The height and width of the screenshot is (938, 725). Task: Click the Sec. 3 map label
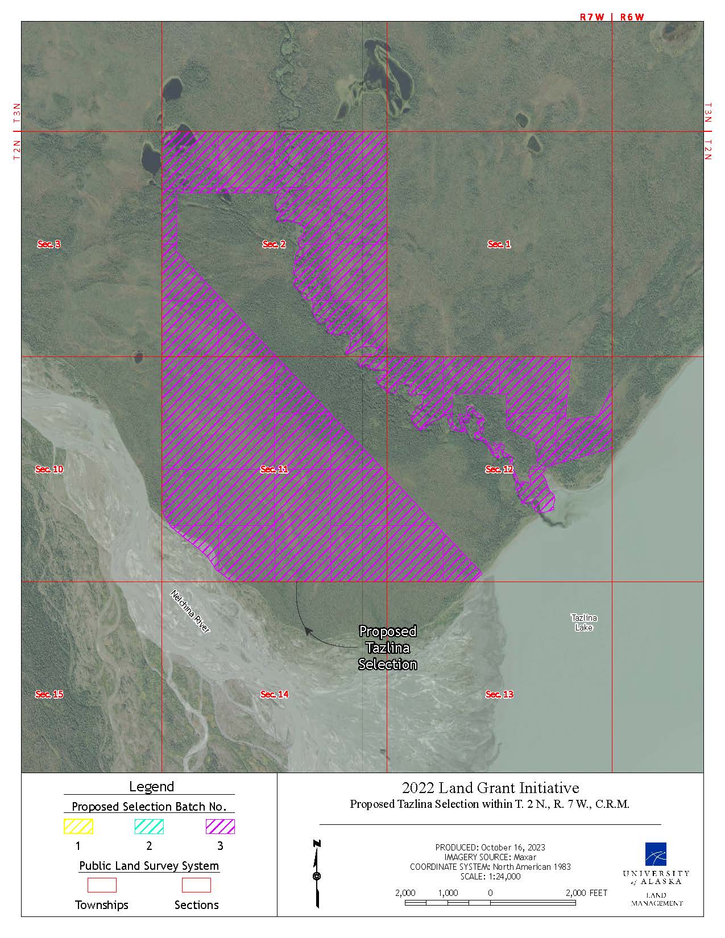point(49,244)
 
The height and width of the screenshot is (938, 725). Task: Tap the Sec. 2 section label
point(274,244)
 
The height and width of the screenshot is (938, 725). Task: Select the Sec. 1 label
point(499,244)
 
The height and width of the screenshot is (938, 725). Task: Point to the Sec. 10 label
point(49,470)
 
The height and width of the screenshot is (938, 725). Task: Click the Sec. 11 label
point(274,470)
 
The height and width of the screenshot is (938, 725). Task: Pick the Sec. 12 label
point(499,470)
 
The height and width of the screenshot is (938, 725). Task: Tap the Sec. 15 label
point(49,695)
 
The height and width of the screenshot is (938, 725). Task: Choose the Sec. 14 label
point(274,695)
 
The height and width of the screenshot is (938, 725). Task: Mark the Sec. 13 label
point(499,695)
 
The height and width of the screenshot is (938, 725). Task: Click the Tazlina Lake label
point(584,622)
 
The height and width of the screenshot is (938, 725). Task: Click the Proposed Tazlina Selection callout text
point(388,648)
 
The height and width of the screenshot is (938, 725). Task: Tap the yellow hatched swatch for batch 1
point(78,827)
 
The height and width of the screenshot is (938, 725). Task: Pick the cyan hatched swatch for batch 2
point(149,827)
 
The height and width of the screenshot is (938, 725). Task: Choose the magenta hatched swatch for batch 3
point(220,827)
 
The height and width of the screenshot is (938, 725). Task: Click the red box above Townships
point(102,885)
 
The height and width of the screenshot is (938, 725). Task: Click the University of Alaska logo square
point(656,853)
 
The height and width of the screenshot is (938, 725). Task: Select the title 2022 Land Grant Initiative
point(490,788)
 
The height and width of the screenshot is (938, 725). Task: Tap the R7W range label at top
point(591,17)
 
